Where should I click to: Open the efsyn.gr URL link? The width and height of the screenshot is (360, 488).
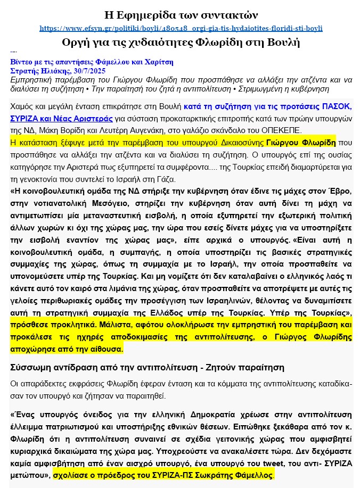[181, 28]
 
